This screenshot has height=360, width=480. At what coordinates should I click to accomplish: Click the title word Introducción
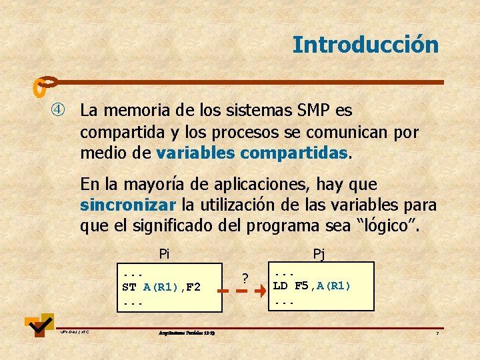click(x=365, y=45)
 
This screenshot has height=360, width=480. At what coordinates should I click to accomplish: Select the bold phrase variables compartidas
click(x=252, y=153)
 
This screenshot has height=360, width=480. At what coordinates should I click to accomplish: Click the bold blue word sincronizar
click(x=127, y=204)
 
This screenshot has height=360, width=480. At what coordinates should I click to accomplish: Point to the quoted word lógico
click(x=389, y=226)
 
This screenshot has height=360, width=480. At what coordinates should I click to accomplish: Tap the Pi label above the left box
click(x=164, y=253)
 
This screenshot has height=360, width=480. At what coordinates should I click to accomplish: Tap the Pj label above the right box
click(x=319, y=253)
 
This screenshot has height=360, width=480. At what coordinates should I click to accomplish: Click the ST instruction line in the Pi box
click(x=161, y=287)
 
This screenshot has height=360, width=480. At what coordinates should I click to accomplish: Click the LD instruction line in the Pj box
click(x=311, y=286)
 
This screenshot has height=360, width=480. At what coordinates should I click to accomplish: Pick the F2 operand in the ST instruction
click(x=193, y=287)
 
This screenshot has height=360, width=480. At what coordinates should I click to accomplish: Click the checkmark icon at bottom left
click(x=40, y=325)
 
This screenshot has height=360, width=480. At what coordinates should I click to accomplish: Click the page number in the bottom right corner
click(x=437, y=332)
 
